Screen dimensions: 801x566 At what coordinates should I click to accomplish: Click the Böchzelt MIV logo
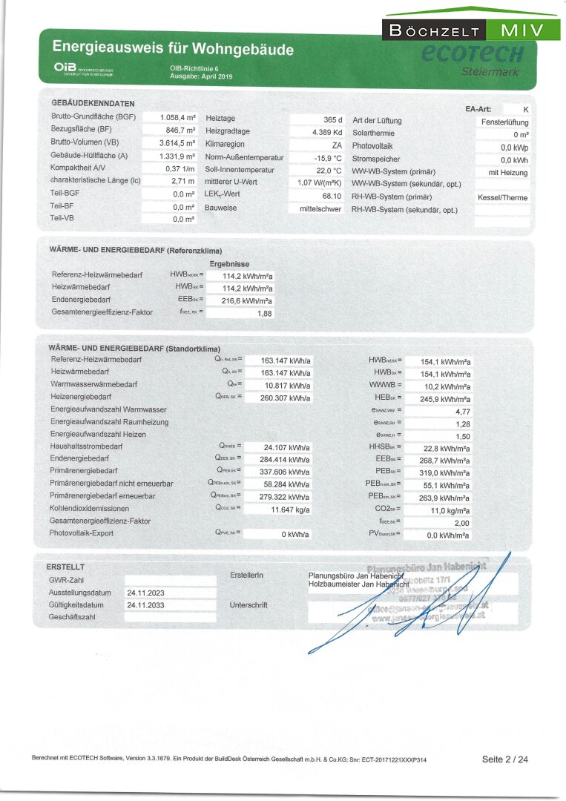(471, 30)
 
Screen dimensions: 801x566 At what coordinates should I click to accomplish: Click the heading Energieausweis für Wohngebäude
(173, 50)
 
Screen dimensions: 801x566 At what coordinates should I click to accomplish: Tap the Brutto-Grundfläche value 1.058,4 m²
(177, 118)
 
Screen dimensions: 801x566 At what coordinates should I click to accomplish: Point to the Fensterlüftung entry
(504, 122)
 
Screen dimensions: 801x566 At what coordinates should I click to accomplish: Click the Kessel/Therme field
(504, 198)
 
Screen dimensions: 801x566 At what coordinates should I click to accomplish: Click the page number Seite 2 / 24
(505, 759)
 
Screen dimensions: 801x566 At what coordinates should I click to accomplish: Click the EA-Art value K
(525, 109)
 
